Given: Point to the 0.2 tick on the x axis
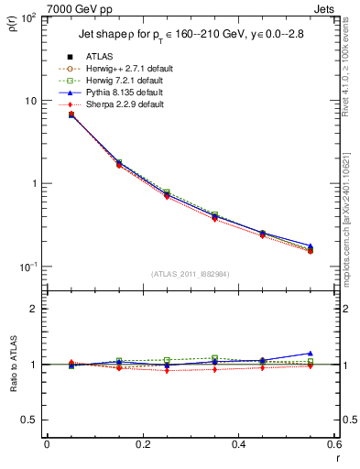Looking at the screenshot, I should (x=142, y=444).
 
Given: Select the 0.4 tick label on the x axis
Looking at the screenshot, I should (x=238, y=444).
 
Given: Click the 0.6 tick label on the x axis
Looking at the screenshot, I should (x=333, y=444).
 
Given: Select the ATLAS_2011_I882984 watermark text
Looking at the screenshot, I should (x=190, y=275).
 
